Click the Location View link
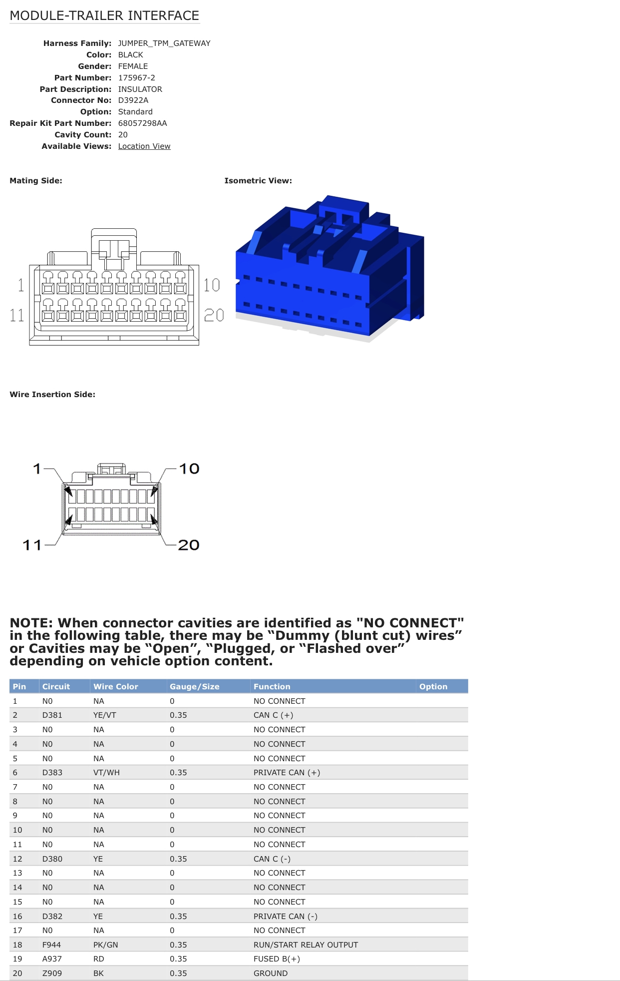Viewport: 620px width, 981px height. click(144, 146)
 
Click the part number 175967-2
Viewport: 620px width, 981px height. click(136, 78)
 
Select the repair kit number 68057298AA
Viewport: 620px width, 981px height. click(142, 123)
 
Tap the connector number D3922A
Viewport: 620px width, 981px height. click(133, 100)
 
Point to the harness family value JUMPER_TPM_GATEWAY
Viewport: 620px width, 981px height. click(164, 43)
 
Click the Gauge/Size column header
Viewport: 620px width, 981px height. click(194, 686)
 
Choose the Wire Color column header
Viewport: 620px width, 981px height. click(115, 686)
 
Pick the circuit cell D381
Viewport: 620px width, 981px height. click(52, 715)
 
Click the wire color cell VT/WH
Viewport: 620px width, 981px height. click(106, 773)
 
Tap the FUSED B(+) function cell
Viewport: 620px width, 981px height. click(277, 959)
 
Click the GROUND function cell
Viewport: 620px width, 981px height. click(271, 974)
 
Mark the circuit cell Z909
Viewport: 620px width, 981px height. click(52, 974)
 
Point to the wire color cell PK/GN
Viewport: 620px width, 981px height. click(105, 945)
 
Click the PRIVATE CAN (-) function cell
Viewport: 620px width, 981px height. click(285, 917)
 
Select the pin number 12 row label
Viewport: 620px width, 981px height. click(17, 859)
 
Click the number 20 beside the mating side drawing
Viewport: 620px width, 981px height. click(214, 315)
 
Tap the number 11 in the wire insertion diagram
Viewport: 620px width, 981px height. click(32, 545)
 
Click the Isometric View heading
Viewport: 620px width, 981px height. click(258, 181)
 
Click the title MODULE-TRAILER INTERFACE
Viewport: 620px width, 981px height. click(104, 16)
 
